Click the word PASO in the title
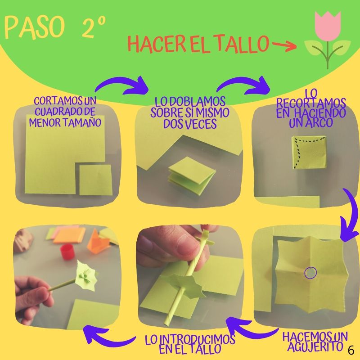34,27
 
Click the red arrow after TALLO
284,46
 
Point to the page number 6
351,351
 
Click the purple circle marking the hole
310,273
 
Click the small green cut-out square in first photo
95,180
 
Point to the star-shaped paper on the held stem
86,275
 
